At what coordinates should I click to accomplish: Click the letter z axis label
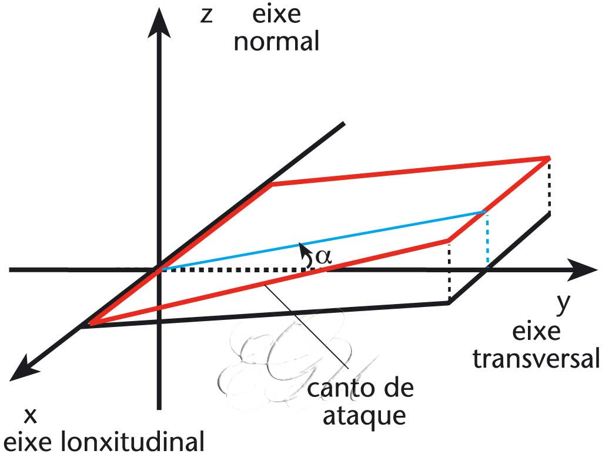pos(206,16)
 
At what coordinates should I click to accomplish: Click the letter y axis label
pos(563,304)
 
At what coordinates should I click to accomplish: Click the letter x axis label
pos(31,416)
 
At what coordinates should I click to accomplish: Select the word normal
pos(276,42)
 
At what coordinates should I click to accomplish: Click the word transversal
pos(536,358)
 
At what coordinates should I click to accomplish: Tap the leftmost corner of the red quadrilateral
pos(89,323)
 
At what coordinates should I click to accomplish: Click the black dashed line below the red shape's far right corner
pos(549,186)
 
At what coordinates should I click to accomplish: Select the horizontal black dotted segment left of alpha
pos(235,269)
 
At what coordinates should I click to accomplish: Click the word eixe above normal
pos(276,15)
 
